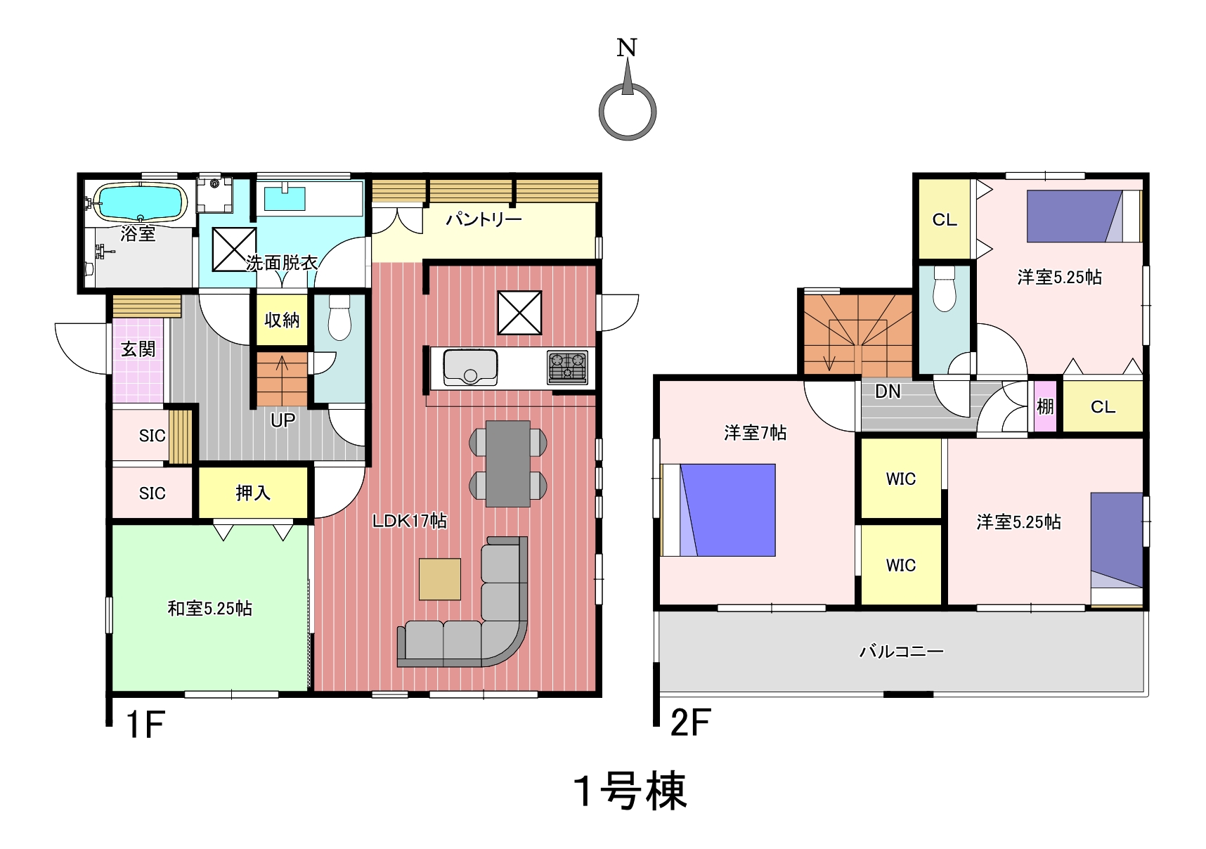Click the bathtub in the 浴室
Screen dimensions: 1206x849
click(141, 202)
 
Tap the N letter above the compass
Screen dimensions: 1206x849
click(627, 48)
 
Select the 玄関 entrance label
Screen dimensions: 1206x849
click(138, 349)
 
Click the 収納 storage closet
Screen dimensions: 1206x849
click(282, 320)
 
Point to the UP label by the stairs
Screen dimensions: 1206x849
click(283, 420)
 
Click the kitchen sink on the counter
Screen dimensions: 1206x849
click(470, 368)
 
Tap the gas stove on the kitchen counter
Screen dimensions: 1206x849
click(567, 368)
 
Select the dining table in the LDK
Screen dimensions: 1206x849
click(508, 464)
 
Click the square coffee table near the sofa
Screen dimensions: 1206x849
click(440, 579)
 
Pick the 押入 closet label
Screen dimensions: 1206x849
click(253, 493)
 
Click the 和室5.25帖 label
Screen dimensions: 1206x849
click(209, 609)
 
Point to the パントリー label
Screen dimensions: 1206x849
click(484, 220)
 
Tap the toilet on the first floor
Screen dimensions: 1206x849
click(339, 318)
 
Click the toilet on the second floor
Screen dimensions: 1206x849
click(945, 288)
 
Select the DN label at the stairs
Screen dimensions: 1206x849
click(888, 391)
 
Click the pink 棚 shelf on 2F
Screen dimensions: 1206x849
click(1045, 406)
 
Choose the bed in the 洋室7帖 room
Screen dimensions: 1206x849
click(718, 510)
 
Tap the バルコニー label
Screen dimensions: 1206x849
click(902, 652)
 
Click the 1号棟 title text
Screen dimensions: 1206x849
click(630, 791)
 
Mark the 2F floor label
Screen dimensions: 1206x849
click(691, 722)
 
